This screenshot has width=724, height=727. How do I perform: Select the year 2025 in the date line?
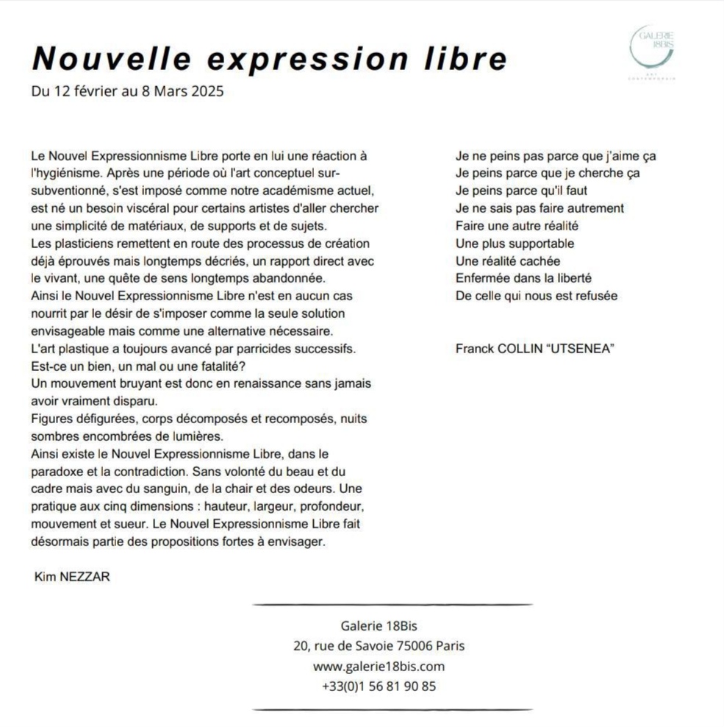pos(208,92)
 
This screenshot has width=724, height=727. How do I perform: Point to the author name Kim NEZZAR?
pos(73,577)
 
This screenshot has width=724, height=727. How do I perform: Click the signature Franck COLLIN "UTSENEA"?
pos(535,349)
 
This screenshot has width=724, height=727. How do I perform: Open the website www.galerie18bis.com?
pos(379,667)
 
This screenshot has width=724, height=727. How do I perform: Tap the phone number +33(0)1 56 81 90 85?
pos(379,687)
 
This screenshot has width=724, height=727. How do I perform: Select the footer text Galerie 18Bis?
pos(379,626)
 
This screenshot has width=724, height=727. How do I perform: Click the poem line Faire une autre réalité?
pos(517,226)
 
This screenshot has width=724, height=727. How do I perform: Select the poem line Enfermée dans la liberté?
pos(523,279)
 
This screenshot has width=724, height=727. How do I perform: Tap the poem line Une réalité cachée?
pos(508,261)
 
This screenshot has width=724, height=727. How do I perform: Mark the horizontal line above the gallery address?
pos(393,605)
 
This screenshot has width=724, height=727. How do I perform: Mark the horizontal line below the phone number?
pos(393,709)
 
